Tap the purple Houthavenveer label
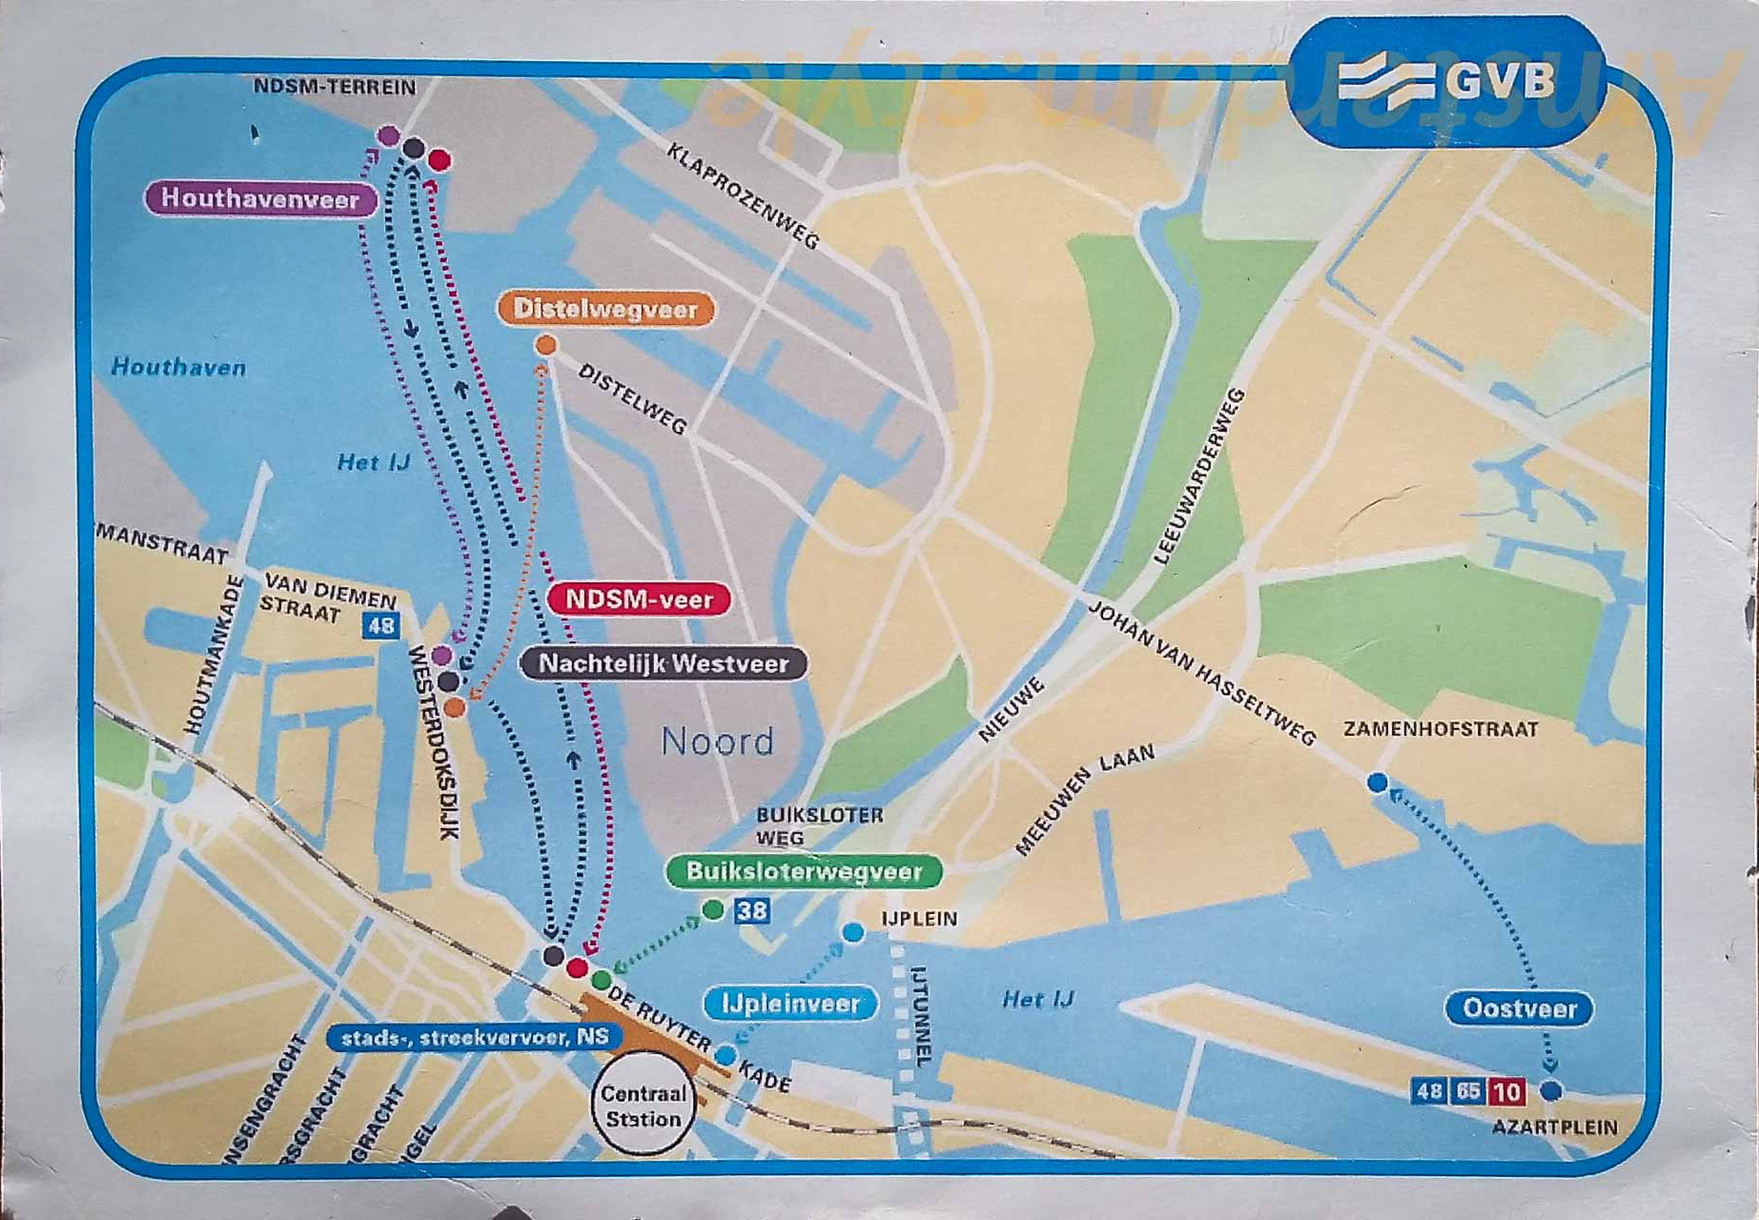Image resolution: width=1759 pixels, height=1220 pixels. (260, 198)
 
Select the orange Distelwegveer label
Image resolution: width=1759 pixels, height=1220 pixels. (605, 309)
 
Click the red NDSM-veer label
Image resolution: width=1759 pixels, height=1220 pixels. (639, 600)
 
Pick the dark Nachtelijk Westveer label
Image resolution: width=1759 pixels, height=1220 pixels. (664, 663)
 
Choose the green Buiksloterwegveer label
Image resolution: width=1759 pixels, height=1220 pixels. (804, 871)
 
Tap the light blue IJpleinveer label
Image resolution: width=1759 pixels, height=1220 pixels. (790, 1004)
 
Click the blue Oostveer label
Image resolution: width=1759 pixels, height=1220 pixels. (1519, 1008)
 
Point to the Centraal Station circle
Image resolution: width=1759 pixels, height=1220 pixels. (644, 1106)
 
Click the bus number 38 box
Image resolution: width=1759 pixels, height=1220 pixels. (751, 911)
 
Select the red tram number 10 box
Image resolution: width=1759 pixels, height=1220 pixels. (1506, 1090)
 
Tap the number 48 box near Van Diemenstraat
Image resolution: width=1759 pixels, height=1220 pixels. (380, 626)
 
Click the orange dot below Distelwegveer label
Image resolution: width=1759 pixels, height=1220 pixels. (545, 345)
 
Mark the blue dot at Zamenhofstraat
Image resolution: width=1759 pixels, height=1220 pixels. (1377, 783)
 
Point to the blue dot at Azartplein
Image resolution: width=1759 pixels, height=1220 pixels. (1551, 1090)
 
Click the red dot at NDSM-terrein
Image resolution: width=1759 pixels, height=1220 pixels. (439, 160)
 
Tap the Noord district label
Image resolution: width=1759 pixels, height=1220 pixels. (717, 742)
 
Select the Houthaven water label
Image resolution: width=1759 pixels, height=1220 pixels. (178, 367)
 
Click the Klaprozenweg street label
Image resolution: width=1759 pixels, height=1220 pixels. (742, 196)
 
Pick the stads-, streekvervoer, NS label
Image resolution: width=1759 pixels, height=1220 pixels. (474, 1037)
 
